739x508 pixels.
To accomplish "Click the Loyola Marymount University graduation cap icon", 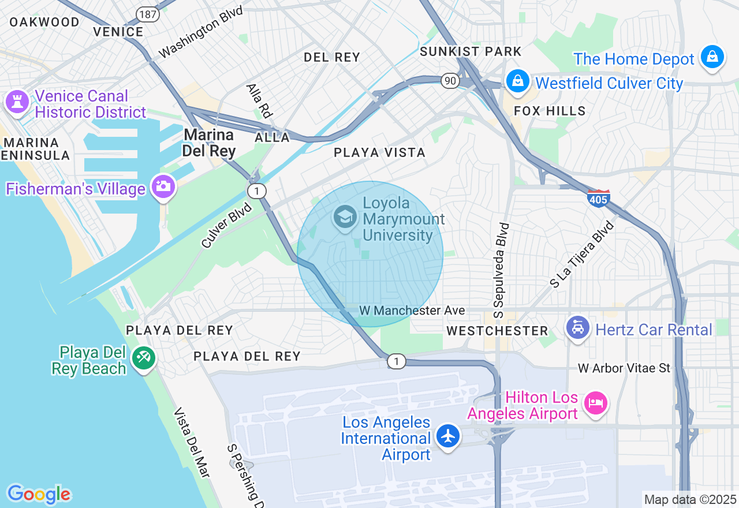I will [345, 218].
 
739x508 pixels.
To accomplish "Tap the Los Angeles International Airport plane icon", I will [448, 436].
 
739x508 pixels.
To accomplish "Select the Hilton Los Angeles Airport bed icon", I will [595, 402].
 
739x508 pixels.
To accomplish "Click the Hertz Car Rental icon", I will [577, 328].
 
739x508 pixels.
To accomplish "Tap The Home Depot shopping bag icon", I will [712, 57].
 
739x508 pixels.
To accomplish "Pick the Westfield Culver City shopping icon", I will [518, 81].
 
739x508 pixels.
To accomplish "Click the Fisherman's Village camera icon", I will [163, 186].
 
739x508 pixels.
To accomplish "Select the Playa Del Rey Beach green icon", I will [143, 357].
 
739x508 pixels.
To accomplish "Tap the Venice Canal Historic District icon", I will [17, 102].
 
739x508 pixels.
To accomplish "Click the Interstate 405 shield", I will [599, 198].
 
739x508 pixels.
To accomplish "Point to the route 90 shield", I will [450, 81].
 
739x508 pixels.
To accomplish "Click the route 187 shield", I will [148, 14].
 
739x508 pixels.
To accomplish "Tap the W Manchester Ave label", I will [412, 311].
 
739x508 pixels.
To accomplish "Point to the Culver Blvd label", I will [227, 225].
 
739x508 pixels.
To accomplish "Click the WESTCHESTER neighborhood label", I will [497, 331].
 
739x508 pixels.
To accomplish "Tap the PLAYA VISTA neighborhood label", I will [379, 152].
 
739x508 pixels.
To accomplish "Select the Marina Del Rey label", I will [209, 143].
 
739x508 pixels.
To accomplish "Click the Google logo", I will [39, 494].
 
